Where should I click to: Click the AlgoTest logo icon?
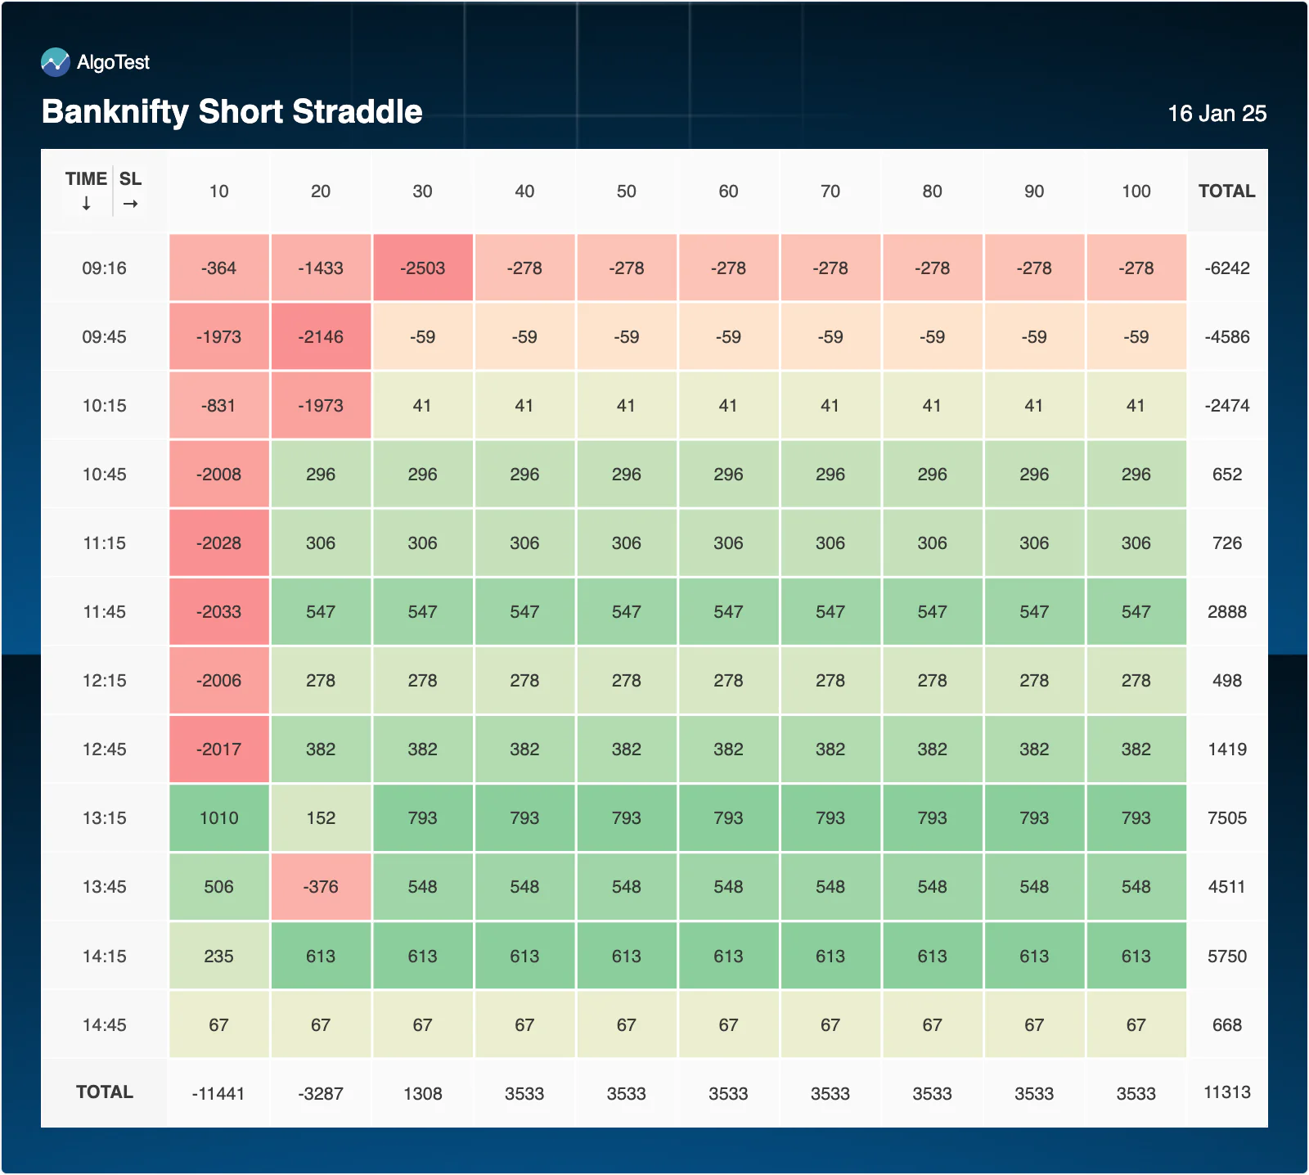point(56,62)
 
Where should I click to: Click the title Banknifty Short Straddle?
point(232,112)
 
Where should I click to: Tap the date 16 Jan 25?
point(1217,114)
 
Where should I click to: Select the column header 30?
point(422,191)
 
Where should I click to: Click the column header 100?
point(1136,191)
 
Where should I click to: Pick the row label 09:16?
point(104,268)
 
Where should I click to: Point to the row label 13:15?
point(104,818)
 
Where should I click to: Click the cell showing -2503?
point(423,268)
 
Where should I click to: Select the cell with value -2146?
point(321,336)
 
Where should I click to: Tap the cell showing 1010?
point(219,818)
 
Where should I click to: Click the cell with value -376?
point(321,887)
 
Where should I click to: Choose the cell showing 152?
point(321,818)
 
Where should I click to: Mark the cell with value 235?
point(219,956)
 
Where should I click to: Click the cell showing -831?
point(219,405)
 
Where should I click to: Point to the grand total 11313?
point(1227,1092)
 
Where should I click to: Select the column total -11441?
point(218,1094)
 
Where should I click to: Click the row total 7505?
point(1227,818)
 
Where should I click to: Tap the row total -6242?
point(1227,268)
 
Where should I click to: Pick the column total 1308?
point(423,1094)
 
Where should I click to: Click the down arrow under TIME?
point(86,204)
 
